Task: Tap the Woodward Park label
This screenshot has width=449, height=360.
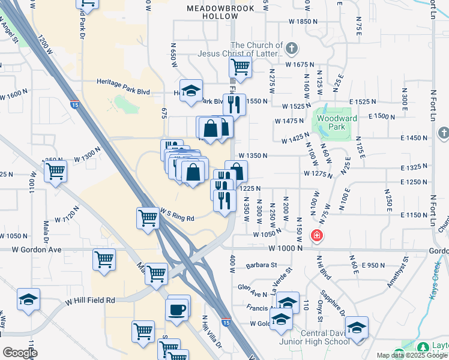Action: [337, 122]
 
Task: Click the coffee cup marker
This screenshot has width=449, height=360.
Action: [177, 310]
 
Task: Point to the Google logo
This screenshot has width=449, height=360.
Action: [20, 353]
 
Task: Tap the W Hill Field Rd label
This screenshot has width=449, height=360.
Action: [91, 299]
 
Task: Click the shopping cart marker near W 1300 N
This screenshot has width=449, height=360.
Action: [55, 170]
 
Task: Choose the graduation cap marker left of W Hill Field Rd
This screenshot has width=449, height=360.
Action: [28, 299]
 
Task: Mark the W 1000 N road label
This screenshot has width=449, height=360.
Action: [285, 248]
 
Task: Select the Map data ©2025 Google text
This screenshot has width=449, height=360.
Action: [412, 355]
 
